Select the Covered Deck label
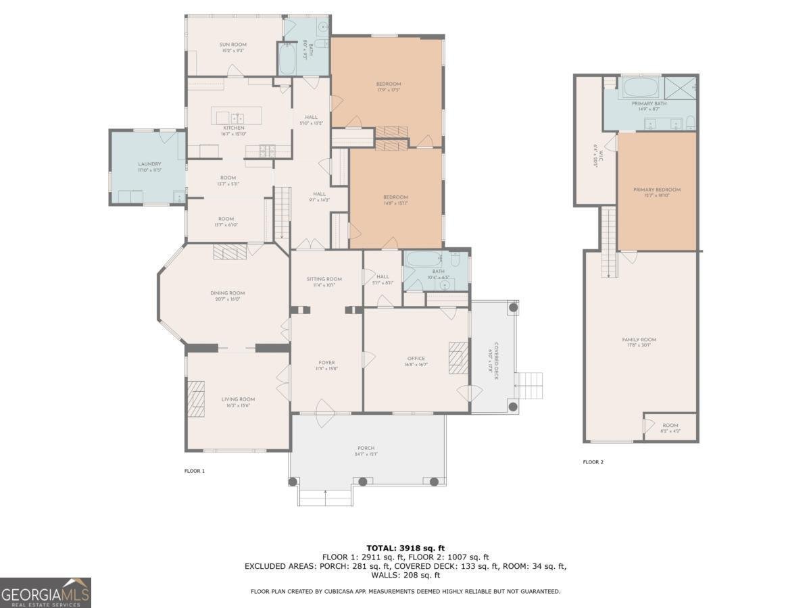click(494, 361)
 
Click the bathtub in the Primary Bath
click(639, 88)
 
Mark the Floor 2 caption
click(593, 462)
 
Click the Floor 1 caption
click(194, 470)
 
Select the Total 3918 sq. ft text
click(405, 548)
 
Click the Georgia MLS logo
click(45, 592)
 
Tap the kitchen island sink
click(239, 118)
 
